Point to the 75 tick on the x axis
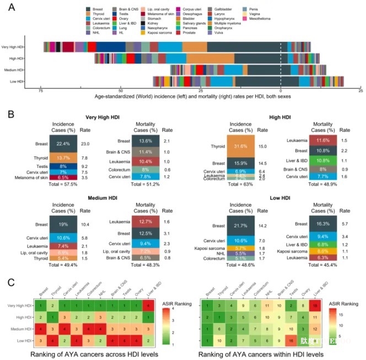coord(41,90)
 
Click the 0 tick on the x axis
coord(281,90)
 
